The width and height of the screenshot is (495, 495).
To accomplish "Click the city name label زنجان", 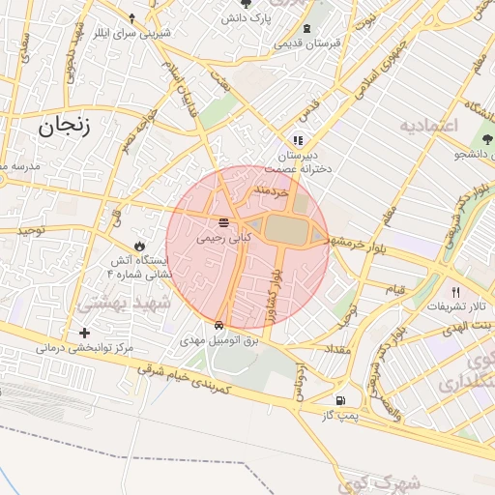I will pyautogui.click(x=65, y=126).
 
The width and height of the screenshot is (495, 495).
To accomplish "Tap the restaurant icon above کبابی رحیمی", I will pyautogui.click(x=223, y=224).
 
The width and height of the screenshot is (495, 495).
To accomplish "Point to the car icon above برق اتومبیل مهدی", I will pyautogui.click(x=220, y=326).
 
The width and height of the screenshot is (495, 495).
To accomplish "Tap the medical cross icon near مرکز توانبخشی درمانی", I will pyautogui.click(x=85, y=333).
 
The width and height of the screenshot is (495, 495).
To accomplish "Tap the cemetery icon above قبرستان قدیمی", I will pyautogui.click(x=307, y=29).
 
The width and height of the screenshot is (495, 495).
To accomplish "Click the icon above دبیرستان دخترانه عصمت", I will pyautogui.click(x=299, y=140).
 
